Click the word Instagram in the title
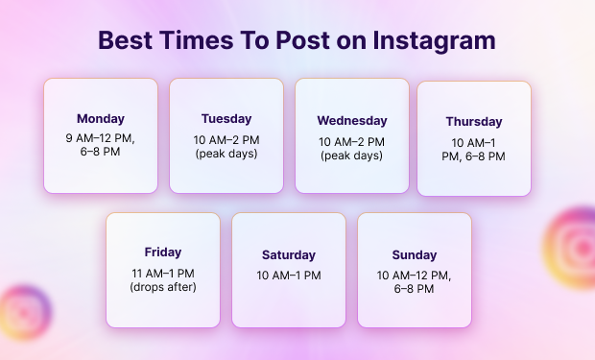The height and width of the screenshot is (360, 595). tap(434, 41)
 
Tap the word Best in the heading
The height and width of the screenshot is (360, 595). tap(125, 40)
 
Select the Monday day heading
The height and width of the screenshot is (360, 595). tap(101, 119)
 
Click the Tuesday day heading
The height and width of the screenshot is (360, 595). tap(226, 119)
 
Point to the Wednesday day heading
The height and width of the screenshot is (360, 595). tap(352, 121)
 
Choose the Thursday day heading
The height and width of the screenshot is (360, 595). tap(474, 122)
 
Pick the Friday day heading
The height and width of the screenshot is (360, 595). tap(163, 252)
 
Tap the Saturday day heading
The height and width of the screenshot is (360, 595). tap(289, 255)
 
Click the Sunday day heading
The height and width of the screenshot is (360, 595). tap(415, 255)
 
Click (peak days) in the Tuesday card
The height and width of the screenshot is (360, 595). tap(226, 154)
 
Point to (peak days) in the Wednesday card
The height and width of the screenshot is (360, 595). tap(352, 156)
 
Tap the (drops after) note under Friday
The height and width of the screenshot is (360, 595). tap(163, 287)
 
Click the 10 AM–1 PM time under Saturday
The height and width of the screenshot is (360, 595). tap(289, 276)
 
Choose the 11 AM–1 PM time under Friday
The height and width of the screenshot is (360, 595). tap(163, 274)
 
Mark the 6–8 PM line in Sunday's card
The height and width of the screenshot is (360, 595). tap(414, 289)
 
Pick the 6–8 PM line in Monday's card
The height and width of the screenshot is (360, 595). tap(100, 152)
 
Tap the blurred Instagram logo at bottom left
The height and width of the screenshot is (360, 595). tap(25, 312)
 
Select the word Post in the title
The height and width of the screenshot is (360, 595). tap(302, 40)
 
